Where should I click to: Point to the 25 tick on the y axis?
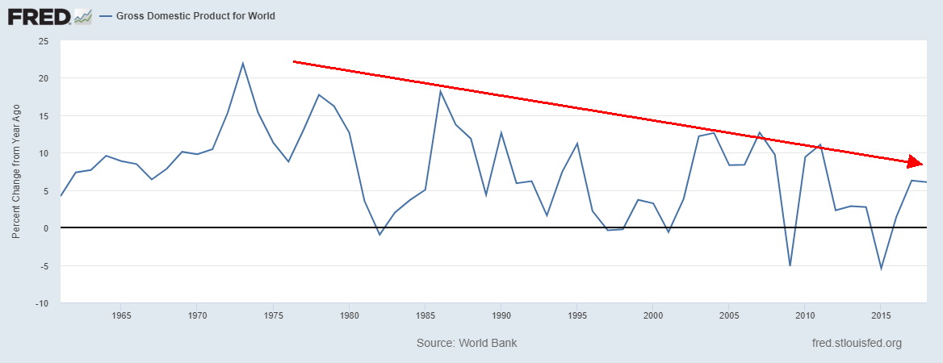click(x=44, y=41)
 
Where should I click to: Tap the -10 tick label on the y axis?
click(x=41, y=303)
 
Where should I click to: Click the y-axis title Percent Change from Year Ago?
click(x=16, y=172)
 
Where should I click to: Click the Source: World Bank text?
click(x=467, y=343)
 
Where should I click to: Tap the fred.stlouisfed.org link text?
click(x=856, y=343)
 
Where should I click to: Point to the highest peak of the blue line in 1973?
click(x=243, y=63)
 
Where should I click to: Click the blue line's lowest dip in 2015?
click(x=881, y=269)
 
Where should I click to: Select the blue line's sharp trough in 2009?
click(x=790, y=265)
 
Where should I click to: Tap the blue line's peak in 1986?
click(x=441, y=91)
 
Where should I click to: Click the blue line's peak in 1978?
click(x=319, y=94)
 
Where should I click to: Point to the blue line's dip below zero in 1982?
click(x=379, y=235)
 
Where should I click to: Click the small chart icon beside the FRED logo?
click(x=83, y=15)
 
